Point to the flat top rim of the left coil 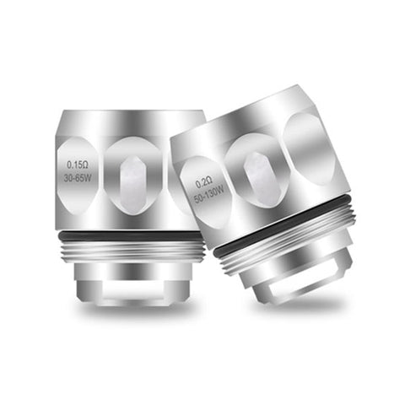click(x=127, y=115)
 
